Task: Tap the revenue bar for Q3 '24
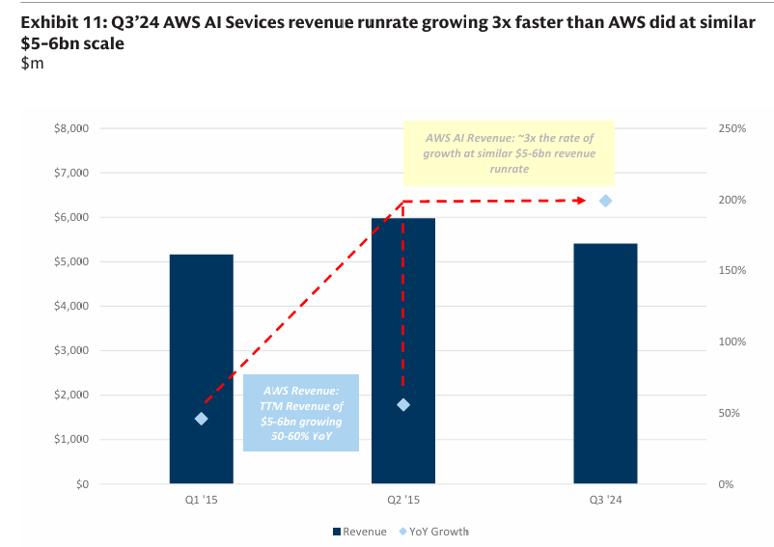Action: pyautogui.click(x=605, y=363)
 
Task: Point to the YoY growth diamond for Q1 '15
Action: pyautogui.click(x=202, y=419)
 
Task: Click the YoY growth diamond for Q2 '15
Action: pyautogui.click(x=403, y=404)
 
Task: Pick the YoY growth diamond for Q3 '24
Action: pyautogui.click(x=606, y=201)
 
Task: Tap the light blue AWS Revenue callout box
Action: pyautogui.click(x=301, y=412)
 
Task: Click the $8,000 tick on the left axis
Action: pyautogui.click(x=69, y=128)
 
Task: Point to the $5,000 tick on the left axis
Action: pyautogui.click(x=69, y=262)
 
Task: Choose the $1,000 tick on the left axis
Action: pyautogui.click(x=69, y=440)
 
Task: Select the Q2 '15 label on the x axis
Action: pyautogui.click(x=403, y=500)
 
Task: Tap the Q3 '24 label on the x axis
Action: pyautogui.click(x=605, y=500)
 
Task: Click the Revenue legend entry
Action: pyautogui.click(x=360, y=532)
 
